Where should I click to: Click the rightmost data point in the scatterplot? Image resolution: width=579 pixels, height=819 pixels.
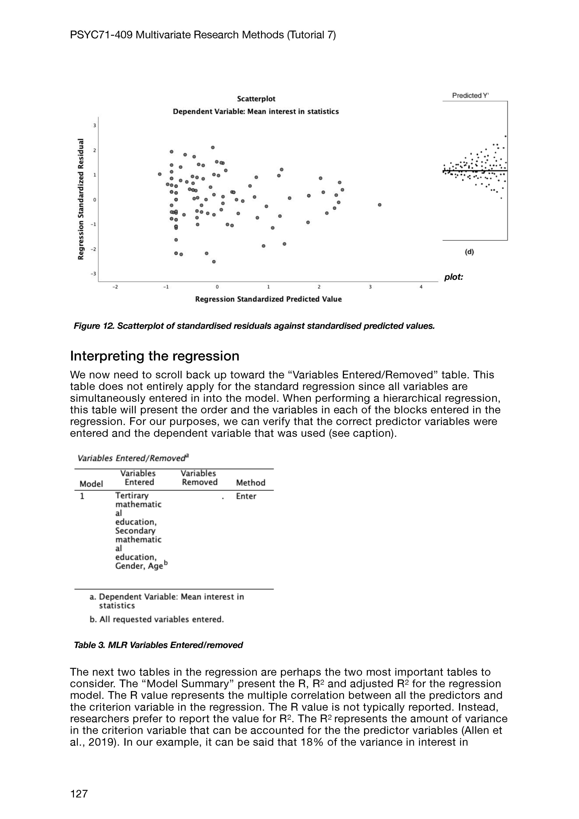[x=380, y=205]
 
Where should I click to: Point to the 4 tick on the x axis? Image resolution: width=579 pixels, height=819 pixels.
[x=421, y=287]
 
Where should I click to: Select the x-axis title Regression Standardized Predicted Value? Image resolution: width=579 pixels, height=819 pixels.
[x=268, y=299]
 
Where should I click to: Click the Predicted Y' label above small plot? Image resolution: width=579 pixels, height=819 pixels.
[x=470, y=96]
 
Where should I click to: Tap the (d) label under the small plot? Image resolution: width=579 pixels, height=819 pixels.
[x=469, y=252]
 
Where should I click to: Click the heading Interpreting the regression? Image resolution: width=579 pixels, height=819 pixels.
[x=154, y=356]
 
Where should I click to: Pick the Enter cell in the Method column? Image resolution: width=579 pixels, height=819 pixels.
[x=246, y=496]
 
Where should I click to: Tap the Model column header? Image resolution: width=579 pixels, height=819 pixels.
[x=91, y=484]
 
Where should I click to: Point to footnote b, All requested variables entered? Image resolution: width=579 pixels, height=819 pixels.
[x=157, y=620]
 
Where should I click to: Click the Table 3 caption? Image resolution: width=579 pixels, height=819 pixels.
[x=158, y=645]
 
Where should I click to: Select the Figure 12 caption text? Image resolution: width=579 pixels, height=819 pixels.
[x=254, y=326]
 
